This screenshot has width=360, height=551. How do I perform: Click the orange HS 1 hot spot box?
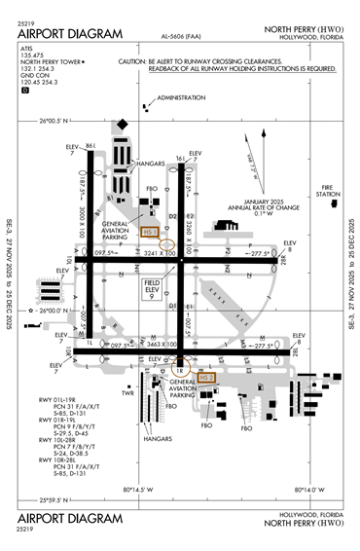(x=149, y=232)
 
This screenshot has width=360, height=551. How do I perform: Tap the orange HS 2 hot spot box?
(x=205, y=376)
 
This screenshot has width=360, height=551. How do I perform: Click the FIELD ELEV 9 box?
(x=152, y=287)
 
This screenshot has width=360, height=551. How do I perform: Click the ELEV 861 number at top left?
(x=90, y=145)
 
